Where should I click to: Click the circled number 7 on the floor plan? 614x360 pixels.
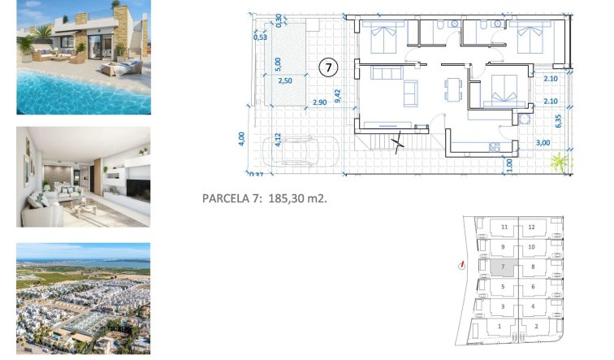328,67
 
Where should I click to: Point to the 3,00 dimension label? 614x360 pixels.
543,143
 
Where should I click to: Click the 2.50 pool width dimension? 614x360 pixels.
286,80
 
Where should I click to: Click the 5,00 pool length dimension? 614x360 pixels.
277,62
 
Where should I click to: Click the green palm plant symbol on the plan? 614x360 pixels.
559,163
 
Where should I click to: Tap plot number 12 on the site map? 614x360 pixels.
531,228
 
